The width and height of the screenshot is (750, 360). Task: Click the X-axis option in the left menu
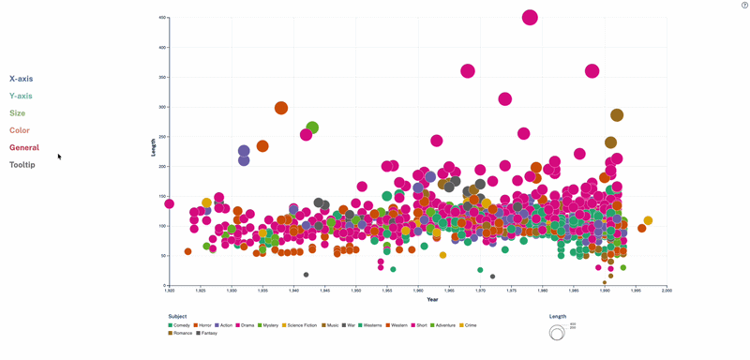(x=21, y=79)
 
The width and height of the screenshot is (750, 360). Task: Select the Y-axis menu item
(x=21, y=96)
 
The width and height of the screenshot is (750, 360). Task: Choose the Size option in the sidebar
(x=17, y=113)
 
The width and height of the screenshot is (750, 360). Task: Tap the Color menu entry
(x=20, y=130)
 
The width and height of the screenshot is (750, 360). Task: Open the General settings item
(x=24, y=147)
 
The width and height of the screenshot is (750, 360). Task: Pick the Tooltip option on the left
(x=22, y=165)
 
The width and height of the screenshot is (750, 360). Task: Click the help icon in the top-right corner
(x=744, y=6)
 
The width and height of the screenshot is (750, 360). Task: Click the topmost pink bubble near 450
(x=530, y=17)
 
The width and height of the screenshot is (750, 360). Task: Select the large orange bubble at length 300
(x=281, y=108)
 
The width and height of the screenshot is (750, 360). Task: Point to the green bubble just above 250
(x=312, y=127)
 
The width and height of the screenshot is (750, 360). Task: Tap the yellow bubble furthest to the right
(x=648, y=221)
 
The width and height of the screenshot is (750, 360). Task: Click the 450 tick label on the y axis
(x=162, y=18)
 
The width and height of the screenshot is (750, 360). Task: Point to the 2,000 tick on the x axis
(x=667, y=291)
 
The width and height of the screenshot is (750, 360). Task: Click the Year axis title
(x=432, y=300)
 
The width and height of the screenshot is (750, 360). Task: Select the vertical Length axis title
(x=154, y=146)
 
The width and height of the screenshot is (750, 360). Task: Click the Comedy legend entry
(x=179, y=325)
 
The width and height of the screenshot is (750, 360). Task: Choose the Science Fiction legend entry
(x=300, y=325)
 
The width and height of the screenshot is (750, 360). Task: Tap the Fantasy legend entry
(x=206, y=333)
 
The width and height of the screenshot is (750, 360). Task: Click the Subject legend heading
(x=177, y=317)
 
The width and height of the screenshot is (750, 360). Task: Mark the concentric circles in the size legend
(x=557, y=332)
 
